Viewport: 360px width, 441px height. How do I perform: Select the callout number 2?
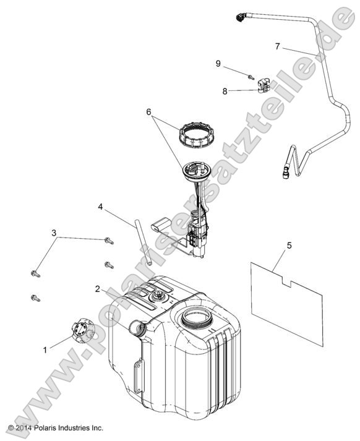point(98,289)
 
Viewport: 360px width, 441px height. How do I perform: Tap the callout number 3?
point(54,233)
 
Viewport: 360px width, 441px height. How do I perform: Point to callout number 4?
point(100,208)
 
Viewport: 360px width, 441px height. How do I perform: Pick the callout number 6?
point(148,112)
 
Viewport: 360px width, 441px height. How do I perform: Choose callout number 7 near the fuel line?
point(277,46)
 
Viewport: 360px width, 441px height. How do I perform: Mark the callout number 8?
point(225,91)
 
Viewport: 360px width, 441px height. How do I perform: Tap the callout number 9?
point(218,63)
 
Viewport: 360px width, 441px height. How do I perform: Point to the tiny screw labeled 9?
point(248,77)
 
